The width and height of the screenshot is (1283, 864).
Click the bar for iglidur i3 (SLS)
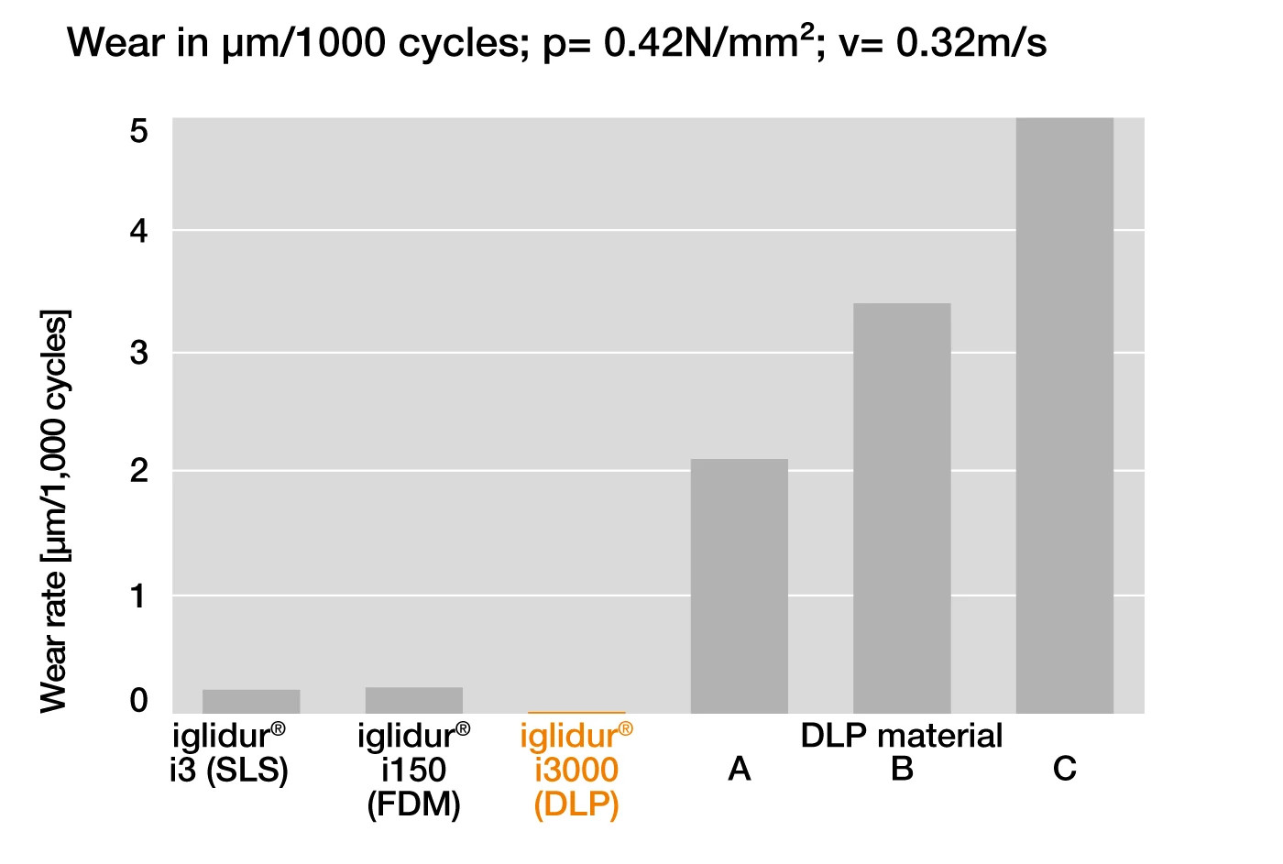tap(251, 701)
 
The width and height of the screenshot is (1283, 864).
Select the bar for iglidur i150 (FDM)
tap(414, 700)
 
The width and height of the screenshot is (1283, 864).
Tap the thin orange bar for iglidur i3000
tap(576, 712)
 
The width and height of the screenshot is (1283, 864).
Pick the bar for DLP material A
tap(739, 585)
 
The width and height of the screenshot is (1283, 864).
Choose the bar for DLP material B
tap(902, 508)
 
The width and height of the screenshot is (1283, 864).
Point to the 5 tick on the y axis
tap(138, 132)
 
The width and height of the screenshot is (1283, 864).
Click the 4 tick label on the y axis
tap(138, 231)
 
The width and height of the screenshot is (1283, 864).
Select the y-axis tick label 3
tap(138, 352)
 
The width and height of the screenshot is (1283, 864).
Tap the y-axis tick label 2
tap(138, 471)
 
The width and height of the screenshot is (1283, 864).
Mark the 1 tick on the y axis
tap(138, 596)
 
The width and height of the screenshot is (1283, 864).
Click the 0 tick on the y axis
tap(138, 701)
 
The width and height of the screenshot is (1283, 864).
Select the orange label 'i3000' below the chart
tap(576, 770)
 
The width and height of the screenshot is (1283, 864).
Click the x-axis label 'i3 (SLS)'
tap(229, 770)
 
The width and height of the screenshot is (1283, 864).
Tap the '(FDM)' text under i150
tap(414, 804)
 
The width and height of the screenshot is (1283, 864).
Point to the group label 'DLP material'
tap(902, 735)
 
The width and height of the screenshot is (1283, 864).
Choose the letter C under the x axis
tap(1064, 769)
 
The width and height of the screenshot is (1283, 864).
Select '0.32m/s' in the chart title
tap(971, 43)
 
